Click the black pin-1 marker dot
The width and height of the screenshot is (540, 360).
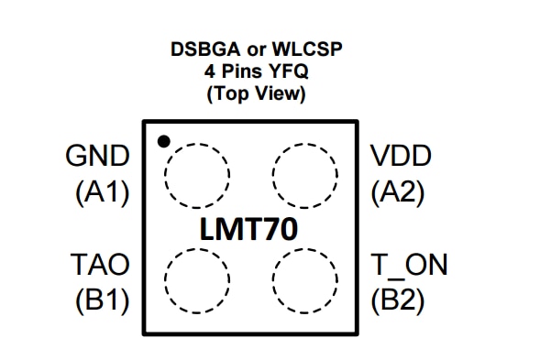pos(163,141)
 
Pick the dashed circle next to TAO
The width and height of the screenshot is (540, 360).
pos(196,280)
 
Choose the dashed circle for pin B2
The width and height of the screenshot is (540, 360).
pos(305,280)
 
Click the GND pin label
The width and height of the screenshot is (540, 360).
pos(98,156)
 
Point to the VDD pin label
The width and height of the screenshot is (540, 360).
pos(400,156)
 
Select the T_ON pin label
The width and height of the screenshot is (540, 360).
pos(409,265)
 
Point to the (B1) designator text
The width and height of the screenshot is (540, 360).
pos(101,301)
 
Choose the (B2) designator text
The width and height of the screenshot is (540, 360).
pos(397,301)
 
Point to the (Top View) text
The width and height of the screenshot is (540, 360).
pos(256,93)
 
